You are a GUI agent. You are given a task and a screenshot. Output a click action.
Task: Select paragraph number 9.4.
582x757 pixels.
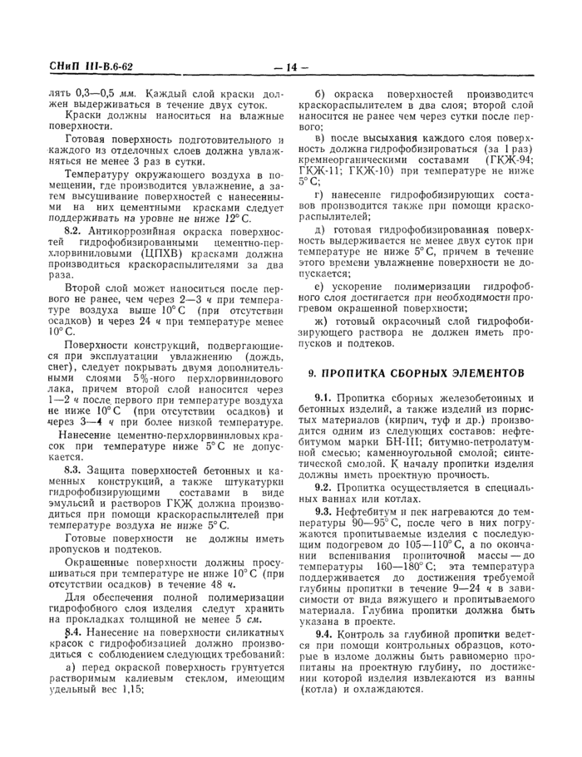[x=325, y=634]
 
